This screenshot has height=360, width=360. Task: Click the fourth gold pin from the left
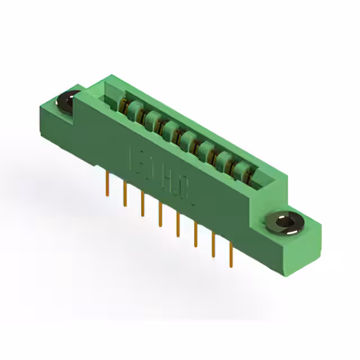coord(160,213)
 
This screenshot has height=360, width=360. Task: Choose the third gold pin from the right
coord(195,233)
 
